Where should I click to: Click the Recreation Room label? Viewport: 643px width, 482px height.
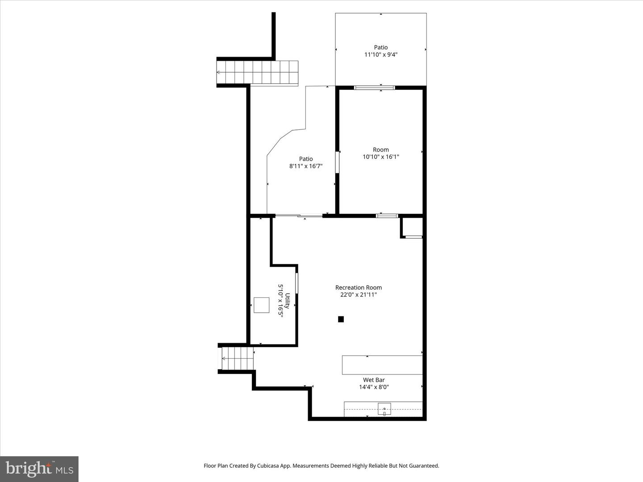pos(358,287)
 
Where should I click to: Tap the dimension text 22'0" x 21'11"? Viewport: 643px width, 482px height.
pos(358,295)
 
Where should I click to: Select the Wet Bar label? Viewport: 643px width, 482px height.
pos(374,380)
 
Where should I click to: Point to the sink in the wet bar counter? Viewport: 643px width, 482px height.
pos(384,409)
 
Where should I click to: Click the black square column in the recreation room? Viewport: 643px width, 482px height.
pos(341,319)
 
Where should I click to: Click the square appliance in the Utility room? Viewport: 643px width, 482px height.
pos(262,305)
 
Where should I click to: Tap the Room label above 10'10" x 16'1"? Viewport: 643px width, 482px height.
pos(381,150)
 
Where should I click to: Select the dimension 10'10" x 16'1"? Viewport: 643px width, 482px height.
pos(381,157)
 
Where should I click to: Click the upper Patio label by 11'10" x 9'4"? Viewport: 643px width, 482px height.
pos(381,47)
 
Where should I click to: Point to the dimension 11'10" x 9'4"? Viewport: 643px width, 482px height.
pos(381,54)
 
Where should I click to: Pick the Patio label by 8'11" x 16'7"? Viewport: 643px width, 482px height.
pos(306,159)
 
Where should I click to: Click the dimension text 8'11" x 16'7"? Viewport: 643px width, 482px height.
pos(306,166)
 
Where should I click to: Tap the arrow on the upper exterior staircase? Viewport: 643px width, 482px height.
pos(219,72)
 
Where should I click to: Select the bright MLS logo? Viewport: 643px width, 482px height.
pos(39,469)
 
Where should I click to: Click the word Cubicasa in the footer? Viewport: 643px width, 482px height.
pos(269,465)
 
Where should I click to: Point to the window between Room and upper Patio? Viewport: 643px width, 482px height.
pos(374,87)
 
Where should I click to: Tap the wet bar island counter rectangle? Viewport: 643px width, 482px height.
pos(382,365)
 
